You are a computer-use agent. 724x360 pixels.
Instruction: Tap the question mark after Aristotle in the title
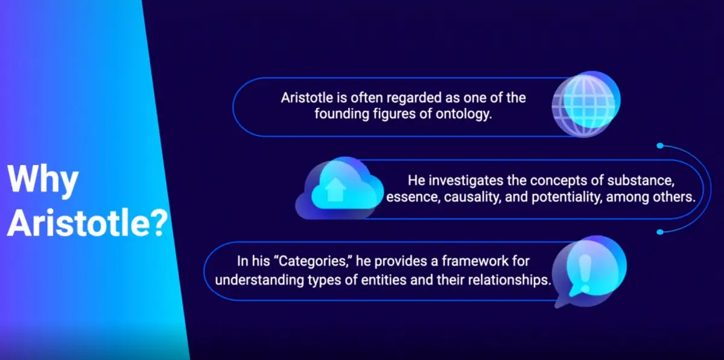157,224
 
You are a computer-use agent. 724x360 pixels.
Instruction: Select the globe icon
586,104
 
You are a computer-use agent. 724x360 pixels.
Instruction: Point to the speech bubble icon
589,271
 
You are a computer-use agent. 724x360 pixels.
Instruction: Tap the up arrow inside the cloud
335,189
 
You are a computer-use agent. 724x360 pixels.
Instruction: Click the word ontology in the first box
463,114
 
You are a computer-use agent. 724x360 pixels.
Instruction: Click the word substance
641,180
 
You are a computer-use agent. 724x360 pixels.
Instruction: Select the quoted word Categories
315,261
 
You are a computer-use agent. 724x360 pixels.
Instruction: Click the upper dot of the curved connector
660,146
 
